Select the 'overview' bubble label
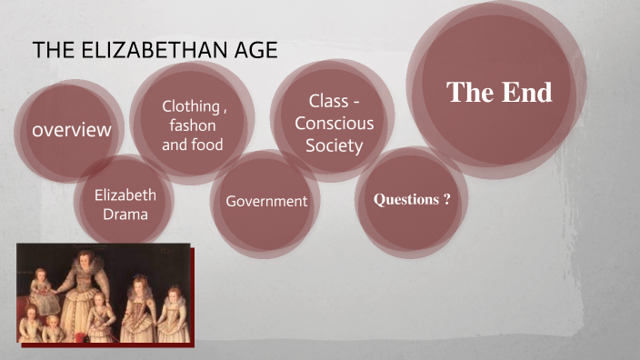[72, 130]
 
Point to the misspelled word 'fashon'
[193, 125]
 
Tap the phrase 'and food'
[193, 145]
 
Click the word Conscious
[334, 124]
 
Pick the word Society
[334, 145]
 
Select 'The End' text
[499, 92]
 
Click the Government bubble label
[267, 201]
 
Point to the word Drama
[125, 214]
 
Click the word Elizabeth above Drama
[125, 195]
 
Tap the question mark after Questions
[446, 199]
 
